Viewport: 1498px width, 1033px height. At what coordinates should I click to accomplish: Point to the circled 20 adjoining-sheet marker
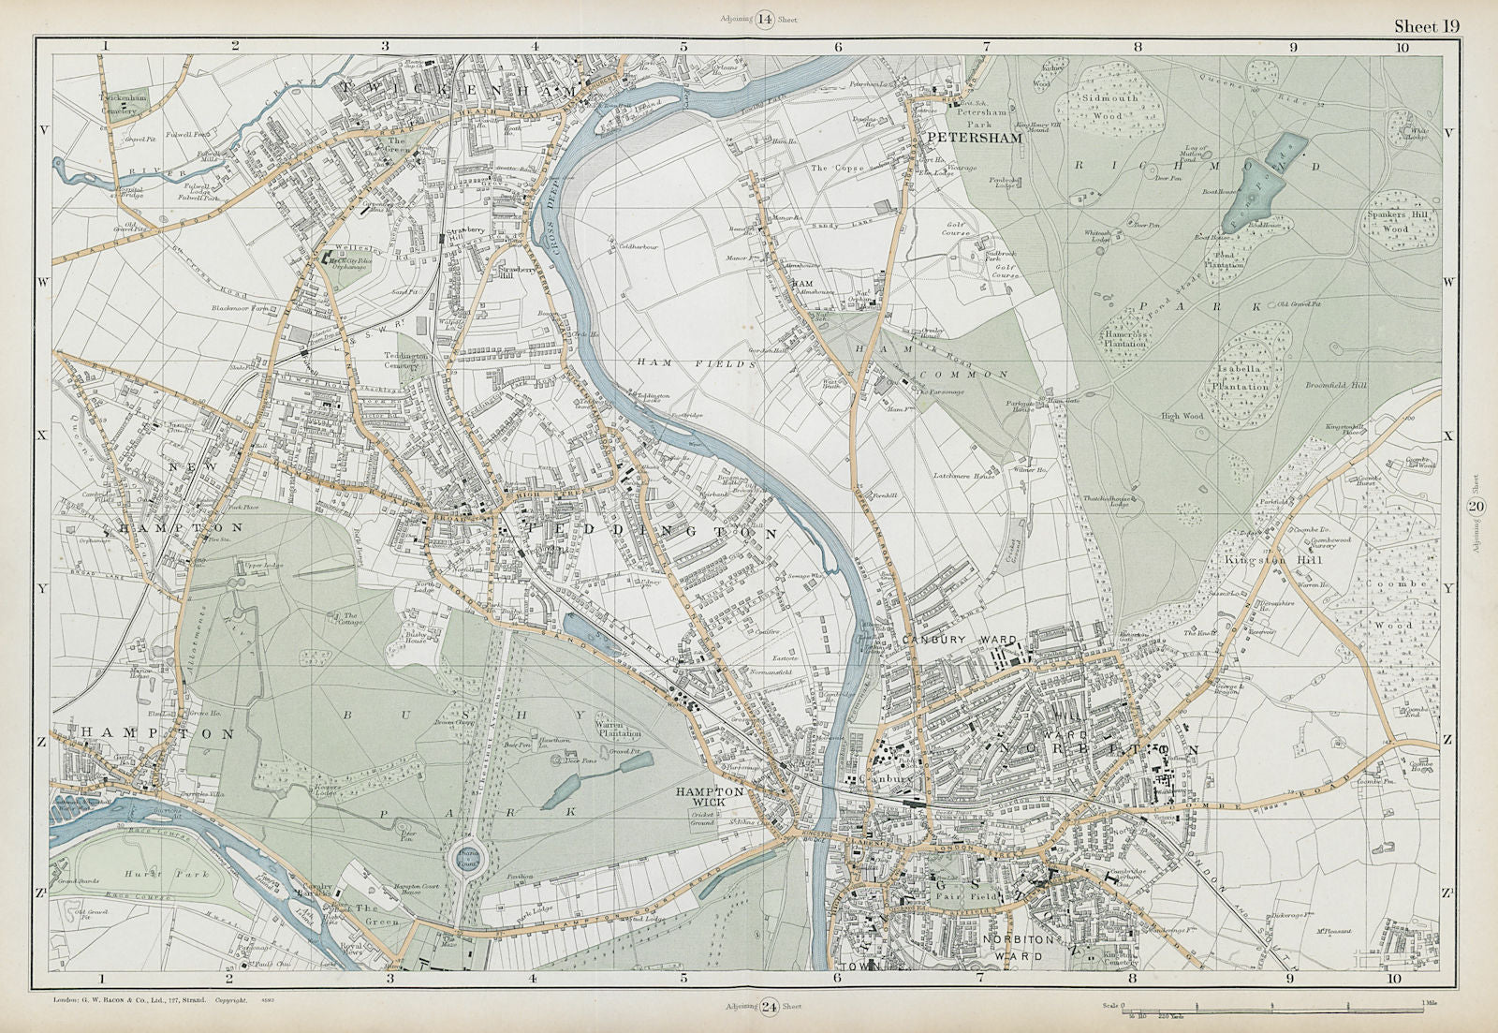click(x=1476, y=507)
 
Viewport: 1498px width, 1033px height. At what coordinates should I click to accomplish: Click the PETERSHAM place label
click(x=965, y=138)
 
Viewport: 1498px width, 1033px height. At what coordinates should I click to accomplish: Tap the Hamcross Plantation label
click(x=1124, y=337)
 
